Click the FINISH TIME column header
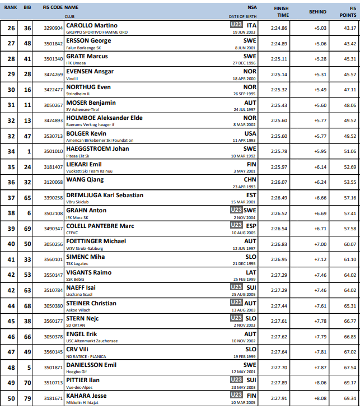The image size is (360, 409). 282,12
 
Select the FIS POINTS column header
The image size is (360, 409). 350,12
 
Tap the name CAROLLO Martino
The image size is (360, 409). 92,26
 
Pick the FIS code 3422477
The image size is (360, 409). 53,90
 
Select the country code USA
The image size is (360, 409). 250,133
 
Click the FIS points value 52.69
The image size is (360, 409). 350,166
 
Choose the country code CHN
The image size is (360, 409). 250,180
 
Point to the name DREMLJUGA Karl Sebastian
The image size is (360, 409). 105,195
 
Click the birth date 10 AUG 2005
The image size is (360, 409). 243,233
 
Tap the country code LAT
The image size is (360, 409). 251,272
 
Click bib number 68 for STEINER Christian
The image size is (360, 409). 27,305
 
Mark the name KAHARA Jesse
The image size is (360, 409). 87,396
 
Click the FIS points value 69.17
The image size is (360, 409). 350,383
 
